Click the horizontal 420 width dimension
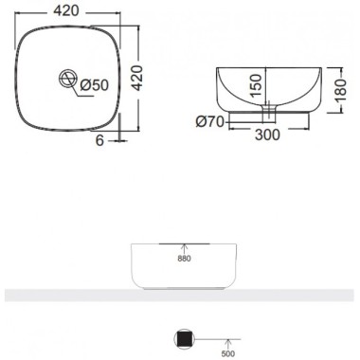pos(66,11)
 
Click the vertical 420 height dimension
pos(136,78)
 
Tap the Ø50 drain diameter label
pos(94,85)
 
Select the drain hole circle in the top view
pos(67,78)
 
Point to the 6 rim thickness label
pos(99,140)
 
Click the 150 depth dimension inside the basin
pos(256,85)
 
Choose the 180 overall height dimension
pos(341,90)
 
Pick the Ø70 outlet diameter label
pos(210,121)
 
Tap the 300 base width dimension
pos(267,135)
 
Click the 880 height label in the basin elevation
pos(184,259)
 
